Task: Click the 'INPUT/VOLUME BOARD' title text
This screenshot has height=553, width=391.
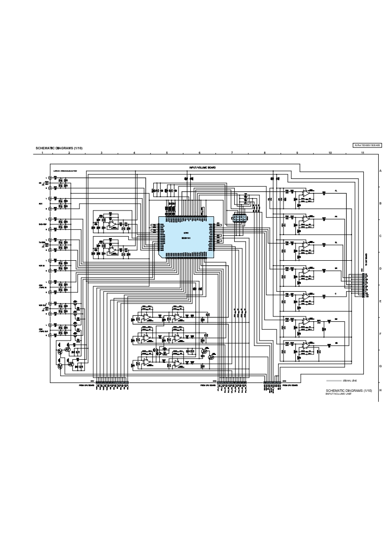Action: click(202, 168)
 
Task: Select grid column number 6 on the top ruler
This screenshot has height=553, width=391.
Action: click(199, 153)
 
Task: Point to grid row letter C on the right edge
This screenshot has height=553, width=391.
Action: click(381, 236)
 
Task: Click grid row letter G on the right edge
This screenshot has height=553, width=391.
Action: click(381, 366)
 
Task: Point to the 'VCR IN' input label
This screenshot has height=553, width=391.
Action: click(40, 265)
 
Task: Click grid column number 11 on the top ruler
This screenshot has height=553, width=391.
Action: click(362, 153)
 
